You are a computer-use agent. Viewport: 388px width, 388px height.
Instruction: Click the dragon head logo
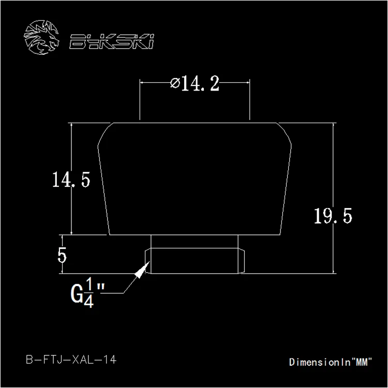[x=41, y=37]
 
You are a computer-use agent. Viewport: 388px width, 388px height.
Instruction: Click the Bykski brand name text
[x=112, y=41]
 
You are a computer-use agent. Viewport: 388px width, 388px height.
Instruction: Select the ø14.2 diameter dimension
[x=195, y=83]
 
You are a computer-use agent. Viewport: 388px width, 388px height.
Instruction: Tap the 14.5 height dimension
[x=71, y=180]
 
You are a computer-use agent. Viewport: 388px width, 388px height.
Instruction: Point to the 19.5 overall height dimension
[x=333, y=216]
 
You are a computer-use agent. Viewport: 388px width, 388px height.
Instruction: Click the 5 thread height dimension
[x=62, y=255]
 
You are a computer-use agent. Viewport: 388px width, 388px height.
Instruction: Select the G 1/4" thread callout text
[x=87, y=293]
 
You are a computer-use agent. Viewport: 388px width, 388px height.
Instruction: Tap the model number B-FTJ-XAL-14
[x=71, y=360]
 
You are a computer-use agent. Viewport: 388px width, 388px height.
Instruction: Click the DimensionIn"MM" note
[x=331, y=362]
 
